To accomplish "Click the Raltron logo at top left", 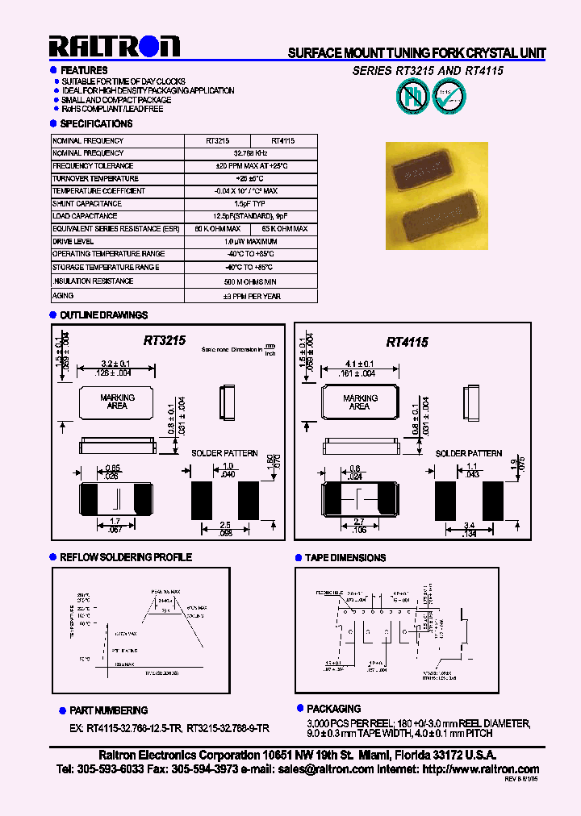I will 114,47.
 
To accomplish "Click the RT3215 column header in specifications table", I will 217,140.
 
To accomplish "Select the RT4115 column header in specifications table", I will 282,140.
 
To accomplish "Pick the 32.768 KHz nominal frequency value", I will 250,153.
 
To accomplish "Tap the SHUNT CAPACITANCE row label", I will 86,204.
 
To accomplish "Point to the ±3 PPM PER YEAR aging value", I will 250,297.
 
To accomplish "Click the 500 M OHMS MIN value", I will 250,282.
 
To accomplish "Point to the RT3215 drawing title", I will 165,341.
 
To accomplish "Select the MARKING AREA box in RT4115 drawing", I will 360,402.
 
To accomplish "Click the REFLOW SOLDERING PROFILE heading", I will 126,557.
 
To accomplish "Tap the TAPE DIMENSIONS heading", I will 345,557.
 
